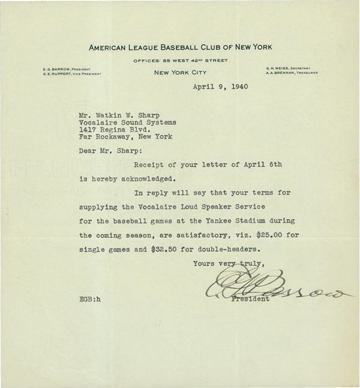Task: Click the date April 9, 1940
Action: tap(220, 86)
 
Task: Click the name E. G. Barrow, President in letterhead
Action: tap(66, 70)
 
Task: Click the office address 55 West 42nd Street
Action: tap(180, 60)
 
